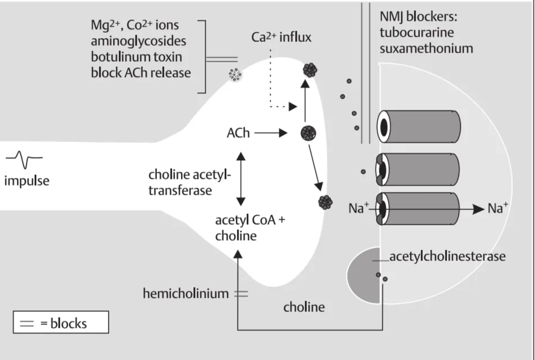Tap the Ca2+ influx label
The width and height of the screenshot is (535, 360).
(282, 38)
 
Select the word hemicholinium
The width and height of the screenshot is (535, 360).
(185, 293)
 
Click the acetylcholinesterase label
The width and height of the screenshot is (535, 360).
(447, 256)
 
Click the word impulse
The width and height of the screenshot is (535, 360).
(27, 182)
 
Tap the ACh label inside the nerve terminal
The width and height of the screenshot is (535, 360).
(238, 134)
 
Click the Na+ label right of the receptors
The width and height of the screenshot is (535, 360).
(498, 209)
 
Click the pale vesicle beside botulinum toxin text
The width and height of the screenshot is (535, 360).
(235, 75)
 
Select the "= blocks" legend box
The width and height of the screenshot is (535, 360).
(61, 323)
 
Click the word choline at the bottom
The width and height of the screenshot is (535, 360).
(304, 307)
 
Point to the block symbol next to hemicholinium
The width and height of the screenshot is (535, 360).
(241, 293)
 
